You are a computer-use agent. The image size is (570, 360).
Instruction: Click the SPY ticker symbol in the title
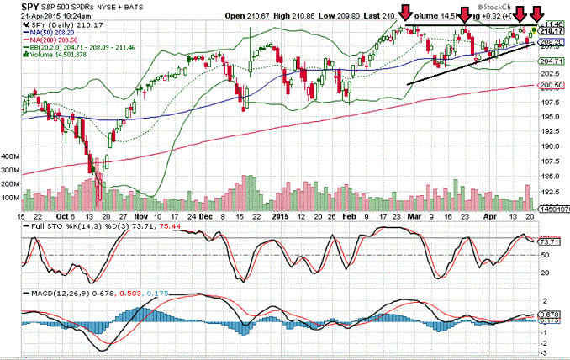12,6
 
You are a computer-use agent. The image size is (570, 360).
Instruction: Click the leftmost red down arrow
406,12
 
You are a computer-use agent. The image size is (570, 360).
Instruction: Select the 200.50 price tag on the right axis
552,85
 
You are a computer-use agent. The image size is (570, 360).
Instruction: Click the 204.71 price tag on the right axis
552,61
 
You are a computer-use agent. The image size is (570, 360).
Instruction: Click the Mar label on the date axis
413,215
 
